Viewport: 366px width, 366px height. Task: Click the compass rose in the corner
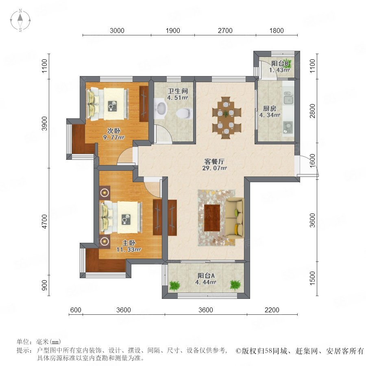(20, 20)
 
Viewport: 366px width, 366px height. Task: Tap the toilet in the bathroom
(184, 113)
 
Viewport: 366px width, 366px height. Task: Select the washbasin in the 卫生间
(161, 107)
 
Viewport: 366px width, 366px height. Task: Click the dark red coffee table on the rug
(212, 218)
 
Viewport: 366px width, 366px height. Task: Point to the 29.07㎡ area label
(214, 168)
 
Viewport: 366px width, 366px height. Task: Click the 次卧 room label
(114, 131)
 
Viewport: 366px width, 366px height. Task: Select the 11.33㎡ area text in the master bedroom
(129, 250)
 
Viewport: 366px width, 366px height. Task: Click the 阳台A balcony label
(206, 276)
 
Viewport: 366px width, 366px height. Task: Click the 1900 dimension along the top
(173, 30)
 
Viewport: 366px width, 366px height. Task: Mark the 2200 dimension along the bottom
(272, 310)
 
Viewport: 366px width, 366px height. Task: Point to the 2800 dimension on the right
(312, 111)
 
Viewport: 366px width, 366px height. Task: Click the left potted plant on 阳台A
(174, 285)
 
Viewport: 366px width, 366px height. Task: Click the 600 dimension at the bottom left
(76, 310)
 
